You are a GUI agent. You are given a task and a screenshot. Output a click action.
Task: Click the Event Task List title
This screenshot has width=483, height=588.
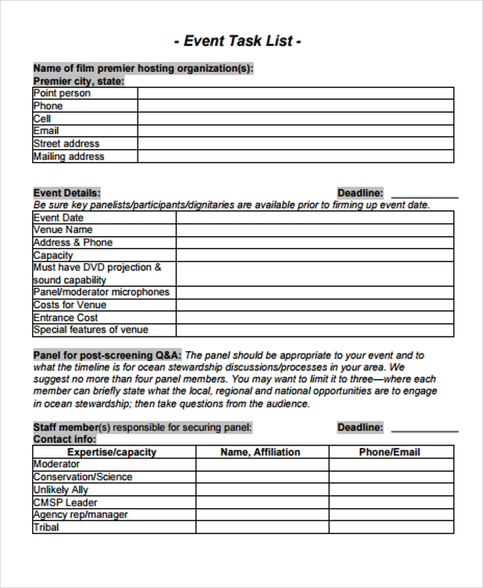point(237,41)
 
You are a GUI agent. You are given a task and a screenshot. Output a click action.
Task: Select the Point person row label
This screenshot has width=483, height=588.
point(62,93)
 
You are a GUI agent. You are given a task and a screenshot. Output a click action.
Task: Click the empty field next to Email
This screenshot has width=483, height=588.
point(295,131)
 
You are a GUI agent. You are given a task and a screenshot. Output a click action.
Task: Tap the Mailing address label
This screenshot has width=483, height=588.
point(68,157)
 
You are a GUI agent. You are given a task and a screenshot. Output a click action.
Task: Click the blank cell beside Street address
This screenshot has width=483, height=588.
point(295,144)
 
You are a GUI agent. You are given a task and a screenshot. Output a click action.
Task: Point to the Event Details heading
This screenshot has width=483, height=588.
point(67,193)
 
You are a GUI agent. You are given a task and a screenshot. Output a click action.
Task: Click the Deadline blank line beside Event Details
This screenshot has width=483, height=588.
point(423,194)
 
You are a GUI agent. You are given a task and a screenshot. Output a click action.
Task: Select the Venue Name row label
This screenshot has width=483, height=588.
point(63,230)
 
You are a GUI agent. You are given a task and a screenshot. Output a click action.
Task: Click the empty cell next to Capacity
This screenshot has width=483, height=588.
point(315,255)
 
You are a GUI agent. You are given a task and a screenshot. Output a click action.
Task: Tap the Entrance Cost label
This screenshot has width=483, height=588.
point(65,317)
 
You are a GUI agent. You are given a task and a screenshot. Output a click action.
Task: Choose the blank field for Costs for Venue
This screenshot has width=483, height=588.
point(315,305)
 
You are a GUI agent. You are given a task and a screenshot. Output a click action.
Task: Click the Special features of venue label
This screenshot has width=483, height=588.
point(91,330)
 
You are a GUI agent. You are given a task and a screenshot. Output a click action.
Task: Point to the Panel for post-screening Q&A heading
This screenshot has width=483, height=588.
point(107,355)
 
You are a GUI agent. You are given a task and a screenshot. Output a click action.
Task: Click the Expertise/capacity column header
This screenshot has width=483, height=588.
point(114,452)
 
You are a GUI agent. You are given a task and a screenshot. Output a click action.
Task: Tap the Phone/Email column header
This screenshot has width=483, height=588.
point(390,452)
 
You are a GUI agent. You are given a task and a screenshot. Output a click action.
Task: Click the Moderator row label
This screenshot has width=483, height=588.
point(56,465)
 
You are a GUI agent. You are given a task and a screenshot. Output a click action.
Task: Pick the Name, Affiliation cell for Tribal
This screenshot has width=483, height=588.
point(262,528)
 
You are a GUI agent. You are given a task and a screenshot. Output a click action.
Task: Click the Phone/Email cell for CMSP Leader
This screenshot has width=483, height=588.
point(390,503)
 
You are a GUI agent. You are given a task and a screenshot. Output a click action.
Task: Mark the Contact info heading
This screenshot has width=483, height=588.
point(64,440)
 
